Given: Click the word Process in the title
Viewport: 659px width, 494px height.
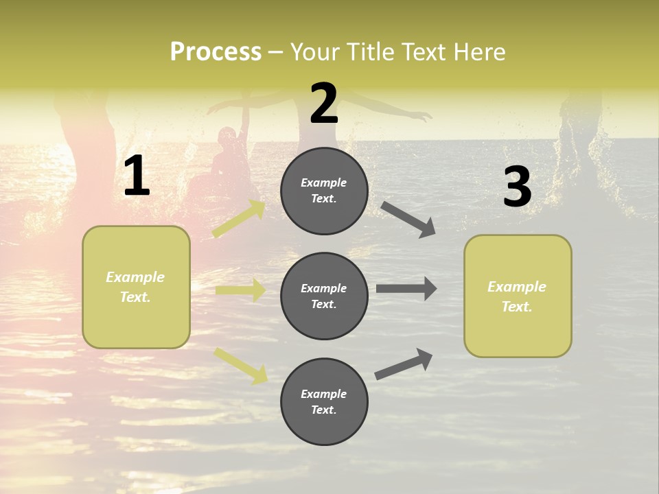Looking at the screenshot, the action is (216, 51).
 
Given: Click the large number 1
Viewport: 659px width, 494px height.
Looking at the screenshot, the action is (137, 176).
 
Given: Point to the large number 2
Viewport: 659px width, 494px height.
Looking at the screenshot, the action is (324, 104).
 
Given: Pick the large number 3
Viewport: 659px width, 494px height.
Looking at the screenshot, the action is (517, 187).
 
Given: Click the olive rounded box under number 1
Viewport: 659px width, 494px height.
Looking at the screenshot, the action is (136, 287).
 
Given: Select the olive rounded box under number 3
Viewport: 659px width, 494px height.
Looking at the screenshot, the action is (518, 296).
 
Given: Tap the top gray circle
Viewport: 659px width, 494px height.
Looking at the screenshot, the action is (324, 191).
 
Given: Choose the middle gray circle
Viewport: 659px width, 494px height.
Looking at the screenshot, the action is (324, 296).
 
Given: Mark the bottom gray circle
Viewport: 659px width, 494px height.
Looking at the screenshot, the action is (324, 402).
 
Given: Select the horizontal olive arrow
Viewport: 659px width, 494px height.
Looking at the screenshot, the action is (240, 290).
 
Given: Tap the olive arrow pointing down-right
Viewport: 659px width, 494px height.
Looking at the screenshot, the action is (240, 365).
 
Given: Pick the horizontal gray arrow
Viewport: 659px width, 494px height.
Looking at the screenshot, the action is (406, 289).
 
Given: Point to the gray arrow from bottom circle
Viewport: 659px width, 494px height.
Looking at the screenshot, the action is (404, 364).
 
